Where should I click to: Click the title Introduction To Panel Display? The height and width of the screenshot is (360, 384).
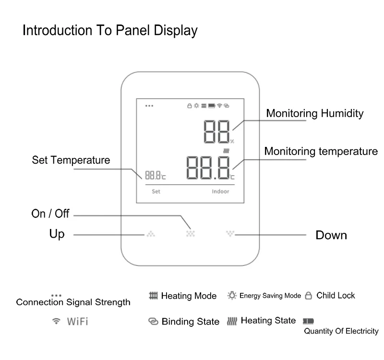pyautogui.click(x=110, y=31)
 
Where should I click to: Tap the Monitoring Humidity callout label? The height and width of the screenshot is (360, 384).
pyautogui.click(x=314, y=114)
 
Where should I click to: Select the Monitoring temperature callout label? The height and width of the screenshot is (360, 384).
pyautogui.click(x=321, y=152)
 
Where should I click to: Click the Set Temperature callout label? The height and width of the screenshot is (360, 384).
pyautogui.click(x=71, y=160)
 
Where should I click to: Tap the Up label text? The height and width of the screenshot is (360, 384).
pyautogui.click(x=57, y=235)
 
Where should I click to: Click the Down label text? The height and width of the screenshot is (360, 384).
pyautogui.click(x=331, y=235)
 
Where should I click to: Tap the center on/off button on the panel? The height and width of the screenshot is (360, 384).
pyautogui.click(x=191, y=234)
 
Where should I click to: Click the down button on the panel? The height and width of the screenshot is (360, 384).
pyautogui.click(x=230, y=234)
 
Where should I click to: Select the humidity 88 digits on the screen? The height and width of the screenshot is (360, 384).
pyautogui.click(x=217, y=131)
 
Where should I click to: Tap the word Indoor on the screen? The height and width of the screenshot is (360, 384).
pyautogui.click(x=221, y=191)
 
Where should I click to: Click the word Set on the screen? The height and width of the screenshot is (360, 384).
pyautogui.click(x=156, y=191)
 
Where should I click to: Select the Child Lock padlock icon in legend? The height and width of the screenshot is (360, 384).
pyautogui.click(x=309, y=296)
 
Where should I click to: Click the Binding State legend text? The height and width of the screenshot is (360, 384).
pyautogui.click(x=190, y=321)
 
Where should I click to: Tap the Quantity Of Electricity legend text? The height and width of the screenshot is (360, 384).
pyautogui.click(x=341, y=331)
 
